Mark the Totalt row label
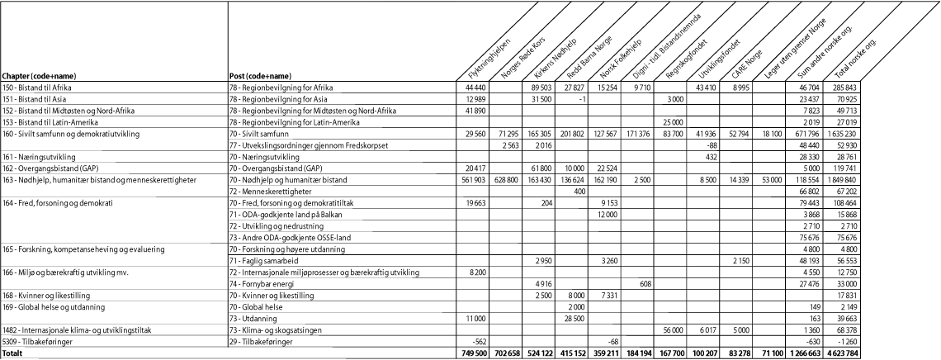(13, 353)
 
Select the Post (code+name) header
(260, 75)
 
